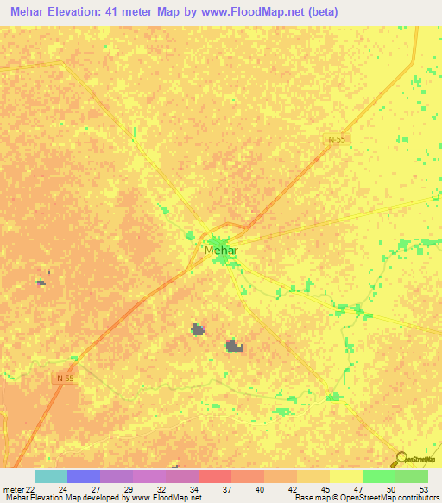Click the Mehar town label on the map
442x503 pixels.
click(x=221, y=251)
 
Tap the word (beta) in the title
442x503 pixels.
click(x=319, y=12)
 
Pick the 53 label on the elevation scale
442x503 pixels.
click(x=422, y=488)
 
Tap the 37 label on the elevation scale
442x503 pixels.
click(x=225, y=488)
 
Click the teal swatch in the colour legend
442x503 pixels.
click(x=50, y=476)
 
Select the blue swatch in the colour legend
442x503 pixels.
click(x=83, y=476)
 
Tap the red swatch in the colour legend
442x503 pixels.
click(x=214, y=476)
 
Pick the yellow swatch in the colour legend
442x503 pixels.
click(x=345, y=476)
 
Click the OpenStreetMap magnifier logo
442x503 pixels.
click(x=400, y=459)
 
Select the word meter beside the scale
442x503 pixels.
click(x=13, y=488)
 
